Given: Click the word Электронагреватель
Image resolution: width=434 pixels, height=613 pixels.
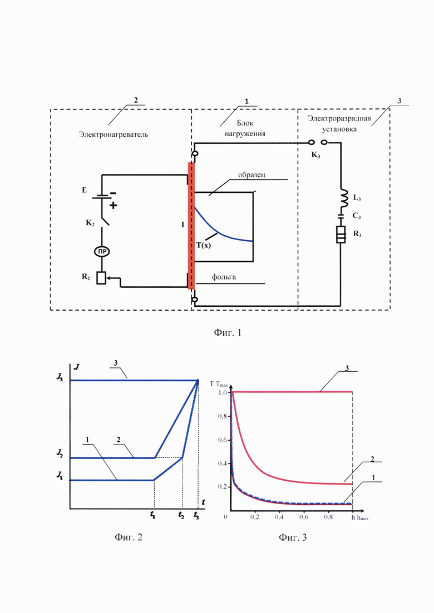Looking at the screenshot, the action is coord(114,134).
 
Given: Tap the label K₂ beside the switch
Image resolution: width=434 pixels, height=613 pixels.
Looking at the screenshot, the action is coord(90,223).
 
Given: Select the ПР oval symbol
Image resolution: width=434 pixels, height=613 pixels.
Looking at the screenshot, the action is coord(102,252).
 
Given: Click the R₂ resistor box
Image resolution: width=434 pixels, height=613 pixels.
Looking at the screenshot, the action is coord(102,278).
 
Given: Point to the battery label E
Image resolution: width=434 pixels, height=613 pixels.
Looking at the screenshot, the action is coord(84,191).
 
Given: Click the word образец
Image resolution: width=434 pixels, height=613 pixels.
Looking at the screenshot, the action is coord(251,175).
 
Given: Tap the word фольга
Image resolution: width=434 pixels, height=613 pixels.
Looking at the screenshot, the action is coord(224,277).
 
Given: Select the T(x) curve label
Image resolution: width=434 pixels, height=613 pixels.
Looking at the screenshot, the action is coord(203,246).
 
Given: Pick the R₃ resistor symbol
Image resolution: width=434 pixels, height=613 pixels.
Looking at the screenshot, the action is coord(341,235).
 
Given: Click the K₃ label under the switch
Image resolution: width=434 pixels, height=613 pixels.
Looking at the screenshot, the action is coord(316,155).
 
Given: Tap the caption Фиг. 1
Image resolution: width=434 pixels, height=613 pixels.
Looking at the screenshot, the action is coord(228,332).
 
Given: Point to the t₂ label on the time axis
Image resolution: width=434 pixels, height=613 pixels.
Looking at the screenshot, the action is coord(181,515).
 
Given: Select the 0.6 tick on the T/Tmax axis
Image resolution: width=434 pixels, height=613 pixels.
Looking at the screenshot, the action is coord(222,440).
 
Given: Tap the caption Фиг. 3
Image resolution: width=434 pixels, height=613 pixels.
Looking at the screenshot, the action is coord(293,537).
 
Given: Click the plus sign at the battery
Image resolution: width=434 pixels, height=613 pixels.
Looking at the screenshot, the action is coord(113,205).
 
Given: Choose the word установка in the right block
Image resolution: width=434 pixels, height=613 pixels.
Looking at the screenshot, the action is coord(339,129).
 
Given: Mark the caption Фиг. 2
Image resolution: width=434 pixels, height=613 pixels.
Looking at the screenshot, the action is coord(129,537).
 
